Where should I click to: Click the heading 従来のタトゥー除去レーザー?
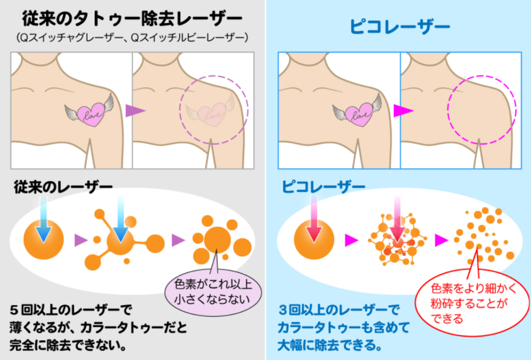132,19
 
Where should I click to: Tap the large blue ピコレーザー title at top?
400,26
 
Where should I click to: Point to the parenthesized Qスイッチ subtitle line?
132,38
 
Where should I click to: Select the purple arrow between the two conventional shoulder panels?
135,110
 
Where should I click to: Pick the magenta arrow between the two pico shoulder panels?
403,110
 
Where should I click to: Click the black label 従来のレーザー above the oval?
63,187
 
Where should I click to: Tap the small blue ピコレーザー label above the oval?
324,186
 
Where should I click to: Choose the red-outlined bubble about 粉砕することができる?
472,302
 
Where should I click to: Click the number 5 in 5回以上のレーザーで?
13,310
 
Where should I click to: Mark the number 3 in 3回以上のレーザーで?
283,310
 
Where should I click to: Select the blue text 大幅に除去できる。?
330,345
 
